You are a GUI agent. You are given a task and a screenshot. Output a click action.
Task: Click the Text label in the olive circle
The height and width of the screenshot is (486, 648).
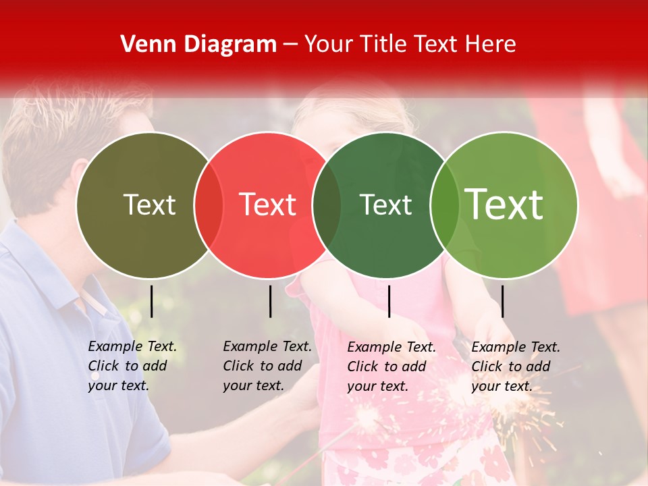point(149,205)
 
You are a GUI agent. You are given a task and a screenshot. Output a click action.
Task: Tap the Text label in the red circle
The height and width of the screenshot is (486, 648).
point(267,205)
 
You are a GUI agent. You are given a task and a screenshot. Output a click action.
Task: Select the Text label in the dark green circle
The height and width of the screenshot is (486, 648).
point(385,205)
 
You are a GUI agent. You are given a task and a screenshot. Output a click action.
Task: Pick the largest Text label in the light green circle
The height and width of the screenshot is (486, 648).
point(504,205)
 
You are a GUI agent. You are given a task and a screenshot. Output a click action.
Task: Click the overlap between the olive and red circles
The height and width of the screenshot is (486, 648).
point(209,205)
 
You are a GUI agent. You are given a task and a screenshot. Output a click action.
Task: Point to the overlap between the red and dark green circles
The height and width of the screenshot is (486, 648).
point(327,205)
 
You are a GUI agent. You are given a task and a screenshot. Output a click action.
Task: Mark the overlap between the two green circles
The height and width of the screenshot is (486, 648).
point(445,205)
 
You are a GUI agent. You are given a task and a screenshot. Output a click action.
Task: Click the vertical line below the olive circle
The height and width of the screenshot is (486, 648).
point(152,301)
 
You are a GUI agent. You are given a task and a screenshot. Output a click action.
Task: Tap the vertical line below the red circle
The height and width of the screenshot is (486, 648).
point(270,301)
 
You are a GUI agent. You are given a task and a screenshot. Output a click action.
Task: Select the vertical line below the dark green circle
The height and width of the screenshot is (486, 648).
point(389,301)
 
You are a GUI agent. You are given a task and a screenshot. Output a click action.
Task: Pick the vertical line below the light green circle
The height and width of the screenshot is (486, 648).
point(502,301)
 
